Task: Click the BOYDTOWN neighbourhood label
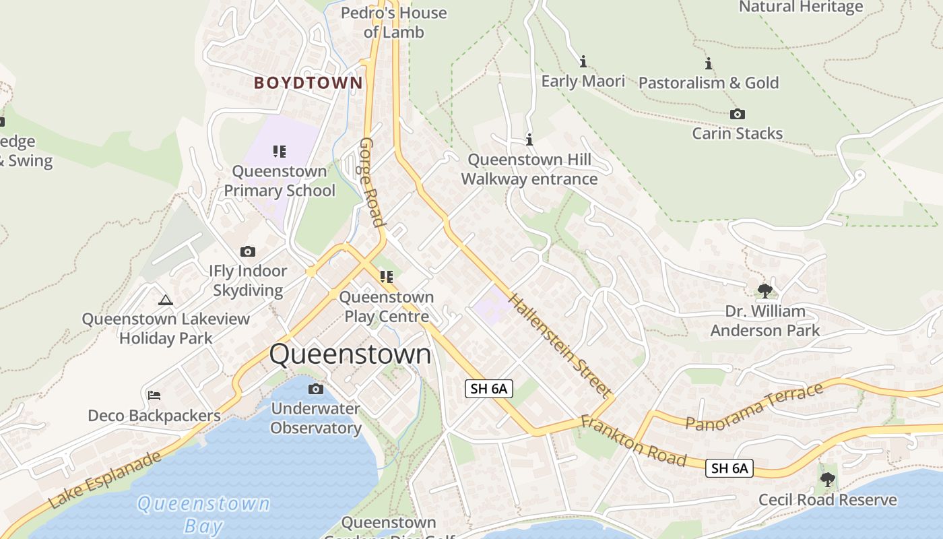(308, 83)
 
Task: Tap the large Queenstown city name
(350, 354)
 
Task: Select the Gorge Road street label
(371, 183)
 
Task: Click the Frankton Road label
(633, 441)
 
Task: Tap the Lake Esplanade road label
(105, 480)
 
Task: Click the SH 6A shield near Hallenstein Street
(489, 388)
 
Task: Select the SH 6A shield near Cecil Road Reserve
(729, 468)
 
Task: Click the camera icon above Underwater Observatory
(315, 389)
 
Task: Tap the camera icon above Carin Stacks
(738, 115)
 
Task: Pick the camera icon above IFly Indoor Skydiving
(248, 252)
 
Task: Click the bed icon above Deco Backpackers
(154, 395)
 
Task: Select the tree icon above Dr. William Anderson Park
(765, 291)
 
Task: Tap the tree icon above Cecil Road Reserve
(827, 480)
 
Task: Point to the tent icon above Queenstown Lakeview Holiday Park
(165, 300)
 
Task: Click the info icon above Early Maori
(583, 62)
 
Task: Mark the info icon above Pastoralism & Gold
(709, 64)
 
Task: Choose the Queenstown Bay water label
(203, 514)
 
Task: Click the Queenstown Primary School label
(280, 181)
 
